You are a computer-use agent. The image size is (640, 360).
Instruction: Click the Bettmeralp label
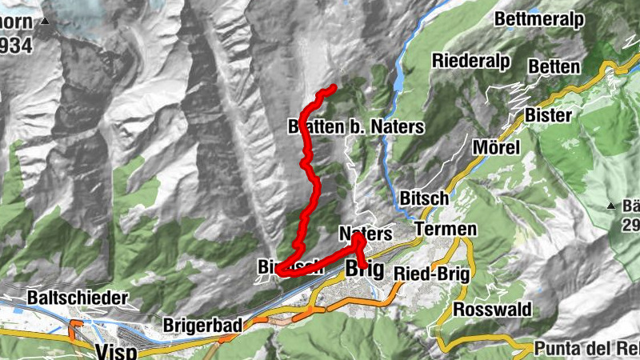pyautogui.click(x=551, y=19)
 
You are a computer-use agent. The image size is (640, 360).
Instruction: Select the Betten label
pyautogui.click(x=554, y=66)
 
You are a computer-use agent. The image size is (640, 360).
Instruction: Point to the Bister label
pyautogui.click(x=549, y=115)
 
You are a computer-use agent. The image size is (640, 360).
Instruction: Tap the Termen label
pyautogui.click(x=446, y=230)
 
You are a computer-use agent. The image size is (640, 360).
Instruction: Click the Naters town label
pyautogui.click(x=366, y=234)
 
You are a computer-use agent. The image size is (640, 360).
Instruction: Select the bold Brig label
pyautogui.click(x=366, y=269)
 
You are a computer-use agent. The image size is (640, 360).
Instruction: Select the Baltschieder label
pyautogui.click(x=77, y=298)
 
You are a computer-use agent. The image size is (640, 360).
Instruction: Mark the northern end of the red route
pyautogui.click(x=331, y=87)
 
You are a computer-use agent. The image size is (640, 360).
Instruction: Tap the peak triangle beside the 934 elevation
pyautogui.click(x=46, y=22)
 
